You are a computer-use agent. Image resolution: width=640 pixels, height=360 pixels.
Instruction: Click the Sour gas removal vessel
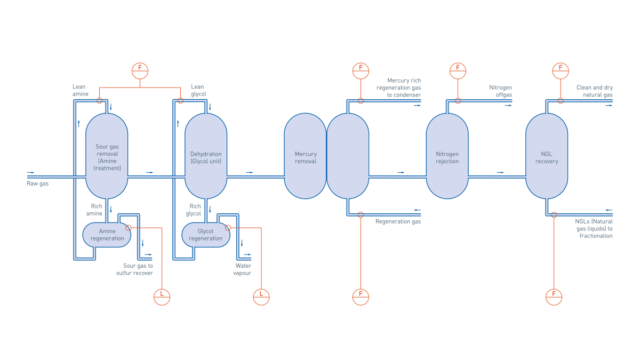click(107, 156)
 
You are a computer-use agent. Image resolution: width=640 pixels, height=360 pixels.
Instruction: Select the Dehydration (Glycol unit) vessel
click(206, 156)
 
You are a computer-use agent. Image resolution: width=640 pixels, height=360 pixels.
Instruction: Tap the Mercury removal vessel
click(305, 156)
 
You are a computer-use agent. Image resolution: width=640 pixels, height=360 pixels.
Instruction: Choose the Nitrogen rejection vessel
click(447, 156)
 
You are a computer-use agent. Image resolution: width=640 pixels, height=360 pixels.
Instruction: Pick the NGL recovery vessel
click(547, 156)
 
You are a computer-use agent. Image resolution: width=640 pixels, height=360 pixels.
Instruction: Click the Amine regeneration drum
click(107, 235)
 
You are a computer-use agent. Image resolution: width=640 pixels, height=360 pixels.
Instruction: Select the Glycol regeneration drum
click(206, 235)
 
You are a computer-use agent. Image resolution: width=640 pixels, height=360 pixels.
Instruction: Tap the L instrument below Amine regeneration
click(162, 297)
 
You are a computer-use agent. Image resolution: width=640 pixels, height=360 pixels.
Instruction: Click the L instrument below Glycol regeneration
click(261, 297)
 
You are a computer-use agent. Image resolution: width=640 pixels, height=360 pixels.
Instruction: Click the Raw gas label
click(37, 183)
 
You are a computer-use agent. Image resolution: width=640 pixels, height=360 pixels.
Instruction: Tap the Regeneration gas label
click(398, 221)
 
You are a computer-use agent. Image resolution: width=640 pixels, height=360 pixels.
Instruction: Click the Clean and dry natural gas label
click(594, 91)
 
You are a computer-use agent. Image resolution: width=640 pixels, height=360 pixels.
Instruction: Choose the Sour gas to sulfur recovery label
click(134, 269)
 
